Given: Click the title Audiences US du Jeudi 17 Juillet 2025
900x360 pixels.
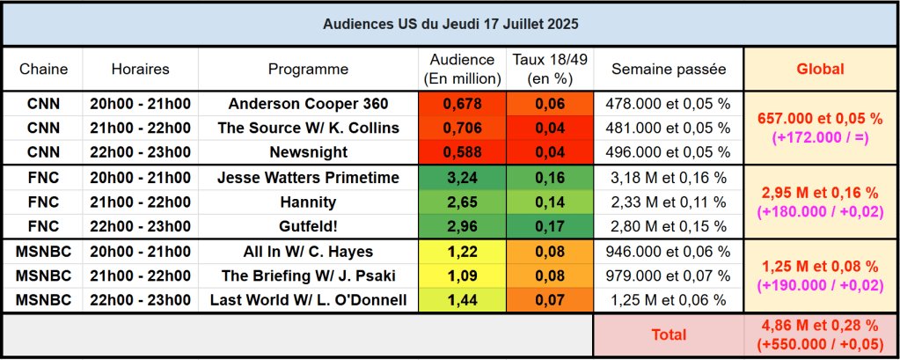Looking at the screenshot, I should (x=450, y=23).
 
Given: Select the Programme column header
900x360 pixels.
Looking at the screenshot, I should (x=308, y=69).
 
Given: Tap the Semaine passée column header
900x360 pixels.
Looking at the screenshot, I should (x=668, y=69).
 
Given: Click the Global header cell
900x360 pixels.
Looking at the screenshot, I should (x=820, y=69).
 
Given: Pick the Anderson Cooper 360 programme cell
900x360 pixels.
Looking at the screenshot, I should (x=308, y=104).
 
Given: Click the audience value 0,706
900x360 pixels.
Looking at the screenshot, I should (x=462, y=128).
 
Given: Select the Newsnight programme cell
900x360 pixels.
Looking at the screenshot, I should (x=308, y=151).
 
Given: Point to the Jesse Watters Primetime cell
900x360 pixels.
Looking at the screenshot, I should (x=308, y=178).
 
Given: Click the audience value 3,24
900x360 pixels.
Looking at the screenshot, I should (x=462, y=178).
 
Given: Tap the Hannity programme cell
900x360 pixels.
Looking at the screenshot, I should (x=308, y=202).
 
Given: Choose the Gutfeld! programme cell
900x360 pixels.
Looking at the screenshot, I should (x=308, y=225).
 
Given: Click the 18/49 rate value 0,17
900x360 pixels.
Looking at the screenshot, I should (x=550, y=225).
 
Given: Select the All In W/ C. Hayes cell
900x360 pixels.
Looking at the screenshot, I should (x=308, y=252).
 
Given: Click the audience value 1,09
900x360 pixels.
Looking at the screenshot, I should (x=462, y=276).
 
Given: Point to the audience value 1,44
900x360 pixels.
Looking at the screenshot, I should (x=462, y=300).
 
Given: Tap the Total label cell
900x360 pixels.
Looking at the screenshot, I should (x=668, y=334).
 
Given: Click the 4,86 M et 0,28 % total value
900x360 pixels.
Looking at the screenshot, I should (x=820, y=327).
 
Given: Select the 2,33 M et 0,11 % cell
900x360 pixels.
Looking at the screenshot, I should (x=668, y=202).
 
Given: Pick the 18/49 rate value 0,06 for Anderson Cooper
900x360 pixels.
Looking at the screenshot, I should (x=550, y=104).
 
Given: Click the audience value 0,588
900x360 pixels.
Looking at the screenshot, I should (x=462, y=151).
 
